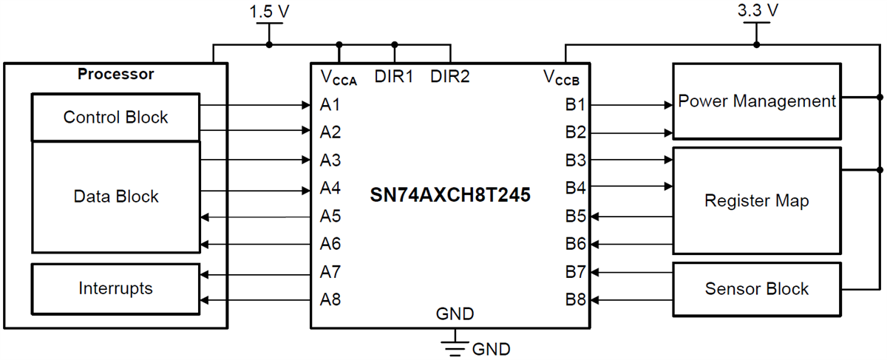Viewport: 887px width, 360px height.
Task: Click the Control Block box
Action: click(115, 117)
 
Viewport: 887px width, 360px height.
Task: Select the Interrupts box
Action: click(115, 288)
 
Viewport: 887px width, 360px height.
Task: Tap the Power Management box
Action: click(757, 101)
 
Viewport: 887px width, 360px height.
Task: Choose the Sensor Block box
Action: click(757, 288)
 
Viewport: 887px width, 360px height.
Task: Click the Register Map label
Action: click(757, 201)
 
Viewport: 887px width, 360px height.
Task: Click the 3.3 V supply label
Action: click(756, 10)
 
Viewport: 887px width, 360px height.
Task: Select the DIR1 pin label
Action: click(394, 75)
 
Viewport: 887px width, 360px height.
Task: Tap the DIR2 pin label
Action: click(449, 75)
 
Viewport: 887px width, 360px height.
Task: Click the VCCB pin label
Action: click(565, 77)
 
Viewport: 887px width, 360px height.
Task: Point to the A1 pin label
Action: click(330, 105)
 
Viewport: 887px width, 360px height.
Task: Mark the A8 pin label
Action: click(330, 300)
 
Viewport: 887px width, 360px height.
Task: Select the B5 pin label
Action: click(576, 217)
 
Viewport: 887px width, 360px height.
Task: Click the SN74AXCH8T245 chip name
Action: click(450, 196)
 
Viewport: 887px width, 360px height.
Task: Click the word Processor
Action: click(115, 74)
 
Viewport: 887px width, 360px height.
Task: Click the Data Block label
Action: click(115, 197)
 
